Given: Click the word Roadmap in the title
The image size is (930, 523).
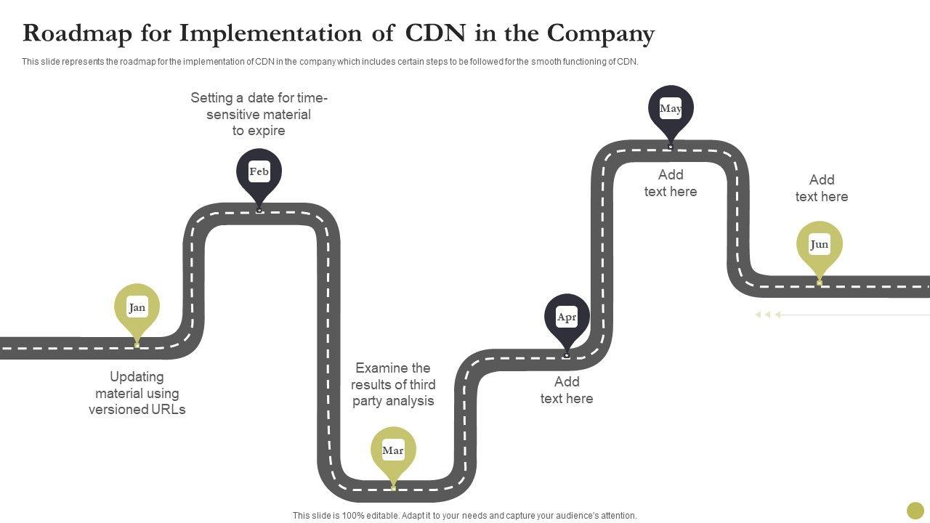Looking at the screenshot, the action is [x=77, y=33].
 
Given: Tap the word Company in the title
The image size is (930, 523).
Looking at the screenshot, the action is [x=600, y=34].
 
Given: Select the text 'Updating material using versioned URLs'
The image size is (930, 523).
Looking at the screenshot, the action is [x=137, y=393].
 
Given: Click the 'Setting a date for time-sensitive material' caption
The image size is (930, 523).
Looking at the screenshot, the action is [x=259, y=114].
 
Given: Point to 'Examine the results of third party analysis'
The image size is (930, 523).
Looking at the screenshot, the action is [x=393, y=384].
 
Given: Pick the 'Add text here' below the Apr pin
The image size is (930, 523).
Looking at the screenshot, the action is [x=567, y=390].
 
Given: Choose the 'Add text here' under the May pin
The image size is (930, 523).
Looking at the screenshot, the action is [x=671, y=183].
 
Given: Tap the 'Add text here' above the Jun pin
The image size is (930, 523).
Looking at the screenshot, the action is [x=822, y=188].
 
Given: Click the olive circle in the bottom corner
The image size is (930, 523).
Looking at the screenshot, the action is [x=915, y=511].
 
